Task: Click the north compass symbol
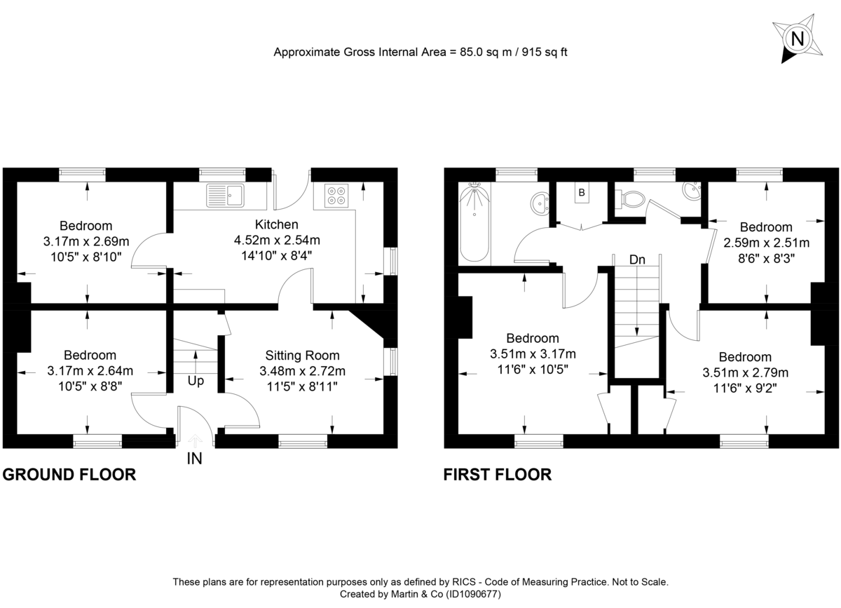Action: (797, 39)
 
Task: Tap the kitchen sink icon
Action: (225, 194)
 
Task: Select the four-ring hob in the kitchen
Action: (336, 194)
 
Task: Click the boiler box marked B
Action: (581, 192)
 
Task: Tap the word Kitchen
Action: (276, 225)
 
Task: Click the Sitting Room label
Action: (302, 356)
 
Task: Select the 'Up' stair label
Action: (196, 381)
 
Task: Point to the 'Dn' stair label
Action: (636, 259)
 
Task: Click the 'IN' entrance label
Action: (195, 459)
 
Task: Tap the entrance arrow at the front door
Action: (195, 440)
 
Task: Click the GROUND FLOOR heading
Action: (69, 475)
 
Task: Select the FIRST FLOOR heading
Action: (498, 475)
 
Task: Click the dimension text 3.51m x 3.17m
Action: (533, 353)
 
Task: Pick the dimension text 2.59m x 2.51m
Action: (766, 243)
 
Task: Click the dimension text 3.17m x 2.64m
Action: (90, 370)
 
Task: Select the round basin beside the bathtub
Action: (540, 203)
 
